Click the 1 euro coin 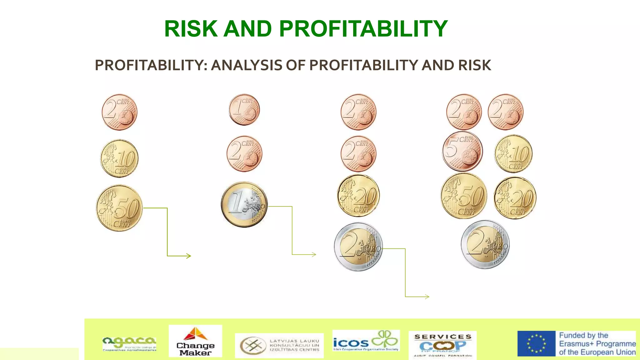(244, 204)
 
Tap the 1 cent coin (244, 110)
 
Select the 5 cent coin (462, 151)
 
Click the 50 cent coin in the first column (119, 208)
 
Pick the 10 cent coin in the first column (119, 158)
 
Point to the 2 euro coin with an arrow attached (358, 247)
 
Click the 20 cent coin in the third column (358, 196)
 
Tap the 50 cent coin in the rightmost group (464, 196)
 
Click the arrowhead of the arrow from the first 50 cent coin (189, 256)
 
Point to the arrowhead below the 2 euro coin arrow (427, 297)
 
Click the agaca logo (129, 343)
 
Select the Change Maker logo (195, 341)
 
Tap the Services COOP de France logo (442, 345)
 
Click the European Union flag (536, 343)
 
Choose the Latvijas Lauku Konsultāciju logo (279, 345)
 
